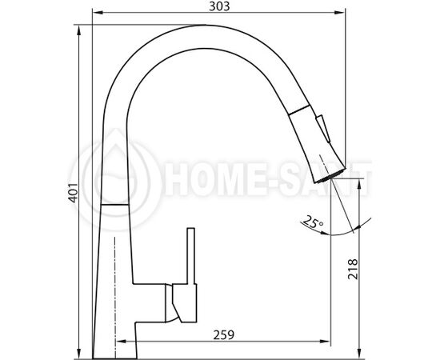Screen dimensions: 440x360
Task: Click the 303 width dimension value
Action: click(x=219, y=6)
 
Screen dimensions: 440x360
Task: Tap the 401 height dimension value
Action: click(x=74, y=193)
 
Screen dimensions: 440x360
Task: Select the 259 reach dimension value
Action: click(x=224, y=334)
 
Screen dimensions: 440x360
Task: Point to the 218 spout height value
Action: click(x=353, y=269)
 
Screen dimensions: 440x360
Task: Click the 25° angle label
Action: click(x=314, y=222)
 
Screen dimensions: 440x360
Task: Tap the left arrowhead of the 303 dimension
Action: click(x=97, y=12)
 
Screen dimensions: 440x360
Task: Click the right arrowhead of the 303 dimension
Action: click(x=339, y=12)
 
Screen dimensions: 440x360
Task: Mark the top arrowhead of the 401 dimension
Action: click(x=79, y=30)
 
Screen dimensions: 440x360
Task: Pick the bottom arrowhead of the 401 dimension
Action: click(x=79, y=354)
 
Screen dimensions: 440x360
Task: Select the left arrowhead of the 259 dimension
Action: click(x=121, y=342)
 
